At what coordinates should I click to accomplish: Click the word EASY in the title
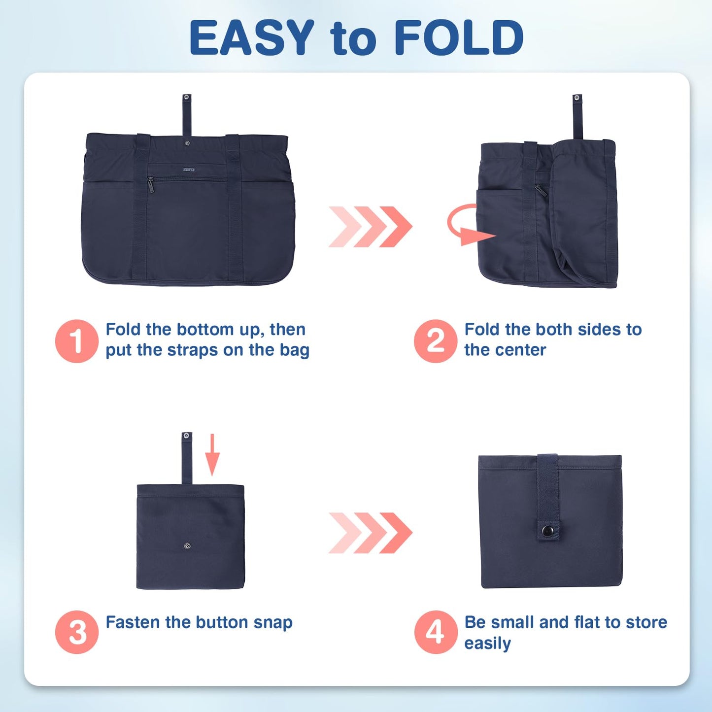tap(251, 37)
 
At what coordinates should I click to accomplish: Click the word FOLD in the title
tap(458, 37)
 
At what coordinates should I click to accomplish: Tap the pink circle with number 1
tap(76, 341)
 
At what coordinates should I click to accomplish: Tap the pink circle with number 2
tap(436, 341)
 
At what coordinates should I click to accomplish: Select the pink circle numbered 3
tap(77, 632)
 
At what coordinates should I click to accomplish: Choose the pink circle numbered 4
tap(436, 632)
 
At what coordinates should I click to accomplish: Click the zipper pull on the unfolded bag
tap(151, 185)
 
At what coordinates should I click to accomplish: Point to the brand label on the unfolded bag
tap(189, 170)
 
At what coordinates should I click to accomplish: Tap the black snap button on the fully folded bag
tap(547, 531)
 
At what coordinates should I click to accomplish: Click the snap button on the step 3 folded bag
tap(187, 545)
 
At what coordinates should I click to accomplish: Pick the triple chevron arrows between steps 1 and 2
tap(370, 227)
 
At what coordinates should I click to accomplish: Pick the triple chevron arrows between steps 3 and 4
tap(370, 533)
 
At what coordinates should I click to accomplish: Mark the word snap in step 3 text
tap(273, 623)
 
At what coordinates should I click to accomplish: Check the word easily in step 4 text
tap(487, 644)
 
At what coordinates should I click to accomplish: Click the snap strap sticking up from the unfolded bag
tap(187, 114)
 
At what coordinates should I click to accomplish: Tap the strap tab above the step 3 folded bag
tap(187, 457)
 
